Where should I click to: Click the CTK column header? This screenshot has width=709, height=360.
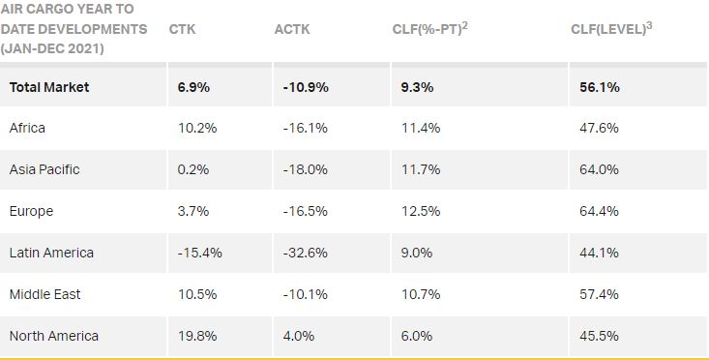(182, 29)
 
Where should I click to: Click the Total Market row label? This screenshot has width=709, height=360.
(49, 87)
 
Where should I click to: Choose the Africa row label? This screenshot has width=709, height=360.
(27, 128)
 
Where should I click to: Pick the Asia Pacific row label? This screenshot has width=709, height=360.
(44, 169)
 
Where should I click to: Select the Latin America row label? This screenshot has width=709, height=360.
(51, 253)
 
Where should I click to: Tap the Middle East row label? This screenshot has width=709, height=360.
(44, 294)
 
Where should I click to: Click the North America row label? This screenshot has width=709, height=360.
(54, 336)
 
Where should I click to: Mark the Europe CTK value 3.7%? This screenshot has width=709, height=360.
(192, 211)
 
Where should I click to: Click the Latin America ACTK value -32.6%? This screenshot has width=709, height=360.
(305, 253)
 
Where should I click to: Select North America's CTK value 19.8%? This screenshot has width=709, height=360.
(196, 336)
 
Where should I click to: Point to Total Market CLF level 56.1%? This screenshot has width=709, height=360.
(600, 87)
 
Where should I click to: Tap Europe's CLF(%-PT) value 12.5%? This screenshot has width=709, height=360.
(420, 211)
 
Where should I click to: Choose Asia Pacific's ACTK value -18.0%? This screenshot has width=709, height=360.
(305, 169)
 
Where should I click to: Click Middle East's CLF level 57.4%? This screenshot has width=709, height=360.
(599, 294)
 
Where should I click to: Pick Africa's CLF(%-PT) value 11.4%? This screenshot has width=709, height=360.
(420, 128)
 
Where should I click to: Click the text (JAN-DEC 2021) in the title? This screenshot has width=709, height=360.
(52, 48)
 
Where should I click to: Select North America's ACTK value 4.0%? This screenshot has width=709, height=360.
(298, 336)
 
